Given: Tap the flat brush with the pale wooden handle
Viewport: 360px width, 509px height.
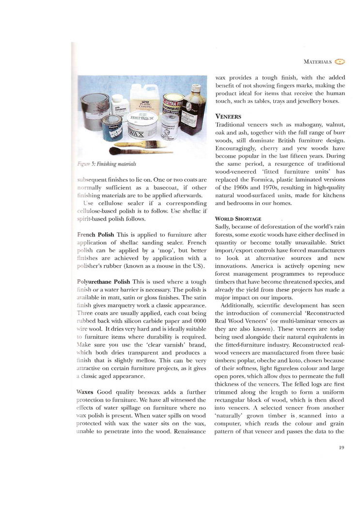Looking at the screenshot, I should [x=145, y=144].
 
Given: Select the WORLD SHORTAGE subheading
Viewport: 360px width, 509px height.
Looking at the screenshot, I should [x=238, y=219].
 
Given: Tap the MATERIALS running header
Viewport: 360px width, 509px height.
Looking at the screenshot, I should [x=317, y=62].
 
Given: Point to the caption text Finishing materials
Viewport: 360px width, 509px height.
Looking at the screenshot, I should [x=115, y=164].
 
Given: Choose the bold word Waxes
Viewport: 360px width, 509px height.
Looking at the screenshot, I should [x=86, y=391].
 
